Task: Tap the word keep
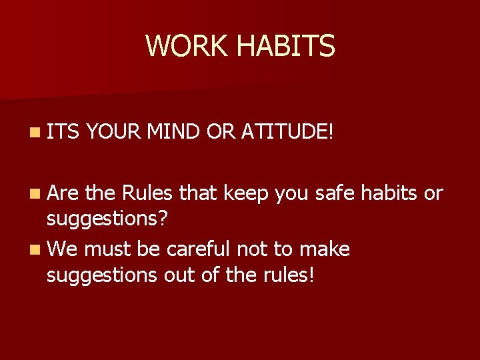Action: [245, 193]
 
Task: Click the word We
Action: [62, 249]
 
